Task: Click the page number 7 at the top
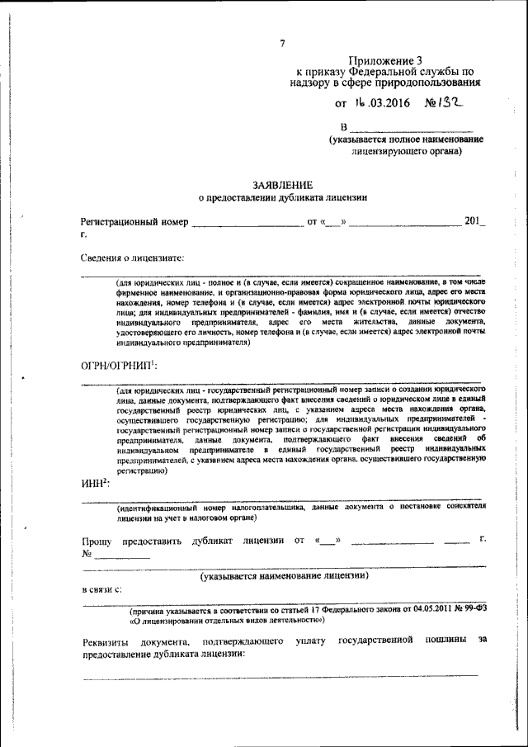pyautogui.click(x=282, y=43)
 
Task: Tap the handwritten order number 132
pyautogui.click(x=445, y=103)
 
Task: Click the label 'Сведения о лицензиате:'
pyautogui.click(x=132, y=257)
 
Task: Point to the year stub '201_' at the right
pyautogui.click(x=475, y=221)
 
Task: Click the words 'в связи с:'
pyautogui.click(x=101, y=589)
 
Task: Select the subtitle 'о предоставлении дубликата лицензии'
pyautogui.click(x=283, y=198)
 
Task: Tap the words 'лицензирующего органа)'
pyautogui.click(x=405, y=153)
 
